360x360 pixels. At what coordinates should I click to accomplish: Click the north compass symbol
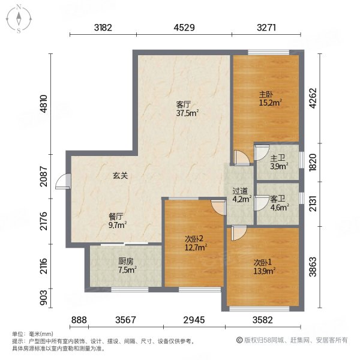pos(20,18)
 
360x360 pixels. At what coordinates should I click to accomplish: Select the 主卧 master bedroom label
pos(266,94)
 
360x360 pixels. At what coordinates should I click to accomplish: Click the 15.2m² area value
pos(270,103)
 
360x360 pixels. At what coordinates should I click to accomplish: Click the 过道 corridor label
pos(240,192)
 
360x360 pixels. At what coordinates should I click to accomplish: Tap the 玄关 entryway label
pos(120,176)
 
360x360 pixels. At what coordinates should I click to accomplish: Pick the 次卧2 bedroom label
pos(195,238)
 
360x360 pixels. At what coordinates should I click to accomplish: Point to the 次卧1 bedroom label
pos(263,262)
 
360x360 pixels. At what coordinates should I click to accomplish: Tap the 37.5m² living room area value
pos(187,112)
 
